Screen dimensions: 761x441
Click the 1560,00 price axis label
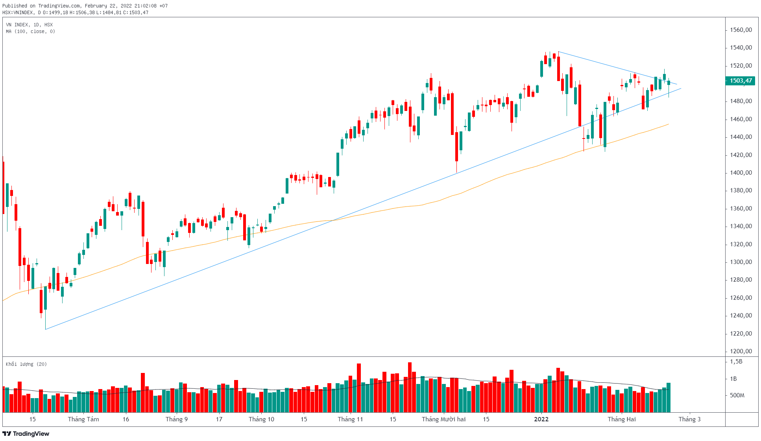tap(741, 30)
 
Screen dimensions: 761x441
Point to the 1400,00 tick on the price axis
tap(741, 173)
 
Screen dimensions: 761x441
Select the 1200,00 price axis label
tap(741, 351)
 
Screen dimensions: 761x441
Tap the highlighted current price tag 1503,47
tap(741, 81)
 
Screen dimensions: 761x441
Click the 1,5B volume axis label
tap(736, 362)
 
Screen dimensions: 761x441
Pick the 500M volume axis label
tap(737, 395)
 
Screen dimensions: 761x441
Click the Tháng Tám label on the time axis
tap(83, 419)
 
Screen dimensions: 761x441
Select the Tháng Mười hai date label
tap(444, 419)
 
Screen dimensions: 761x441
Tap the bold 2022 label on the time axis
tap(541, 419)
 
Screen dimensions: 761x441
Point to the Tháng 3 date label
tap(689, 419)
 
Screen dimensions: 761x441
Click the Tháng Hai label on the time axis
tap(622, 419)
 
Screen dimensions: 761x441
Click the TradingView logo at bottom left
tap(26, 434)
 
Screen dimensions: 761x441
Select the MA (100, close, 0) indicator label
tap(30, 31)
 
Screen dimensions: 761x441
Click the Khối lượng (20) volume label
tap(26, 364)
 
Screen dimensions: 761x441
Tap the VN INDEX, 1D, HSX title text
tap(29, 25)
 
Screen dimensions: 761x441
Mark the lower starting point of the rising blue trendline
tap(46, 329)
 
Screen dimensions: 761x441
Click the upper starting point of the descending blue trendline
tap(558, 52)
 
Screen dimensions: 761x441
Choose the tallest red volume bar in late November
tap(410, 387)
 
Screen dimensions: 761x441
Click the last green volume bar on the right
tap(669, 397)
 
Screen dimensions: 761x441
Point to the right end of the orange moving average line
tap(669, 124)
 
